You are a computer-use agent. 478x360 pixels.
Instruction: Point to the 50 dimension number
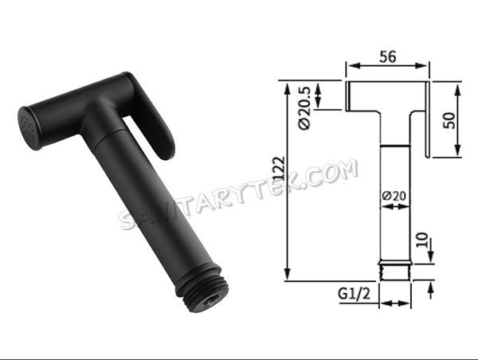pos(448,120)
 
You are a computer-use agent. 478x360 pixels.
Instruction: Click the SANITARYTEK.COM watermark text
pos(238,194)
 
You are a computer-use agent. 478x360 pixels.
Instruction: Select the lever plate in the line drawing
pos(429,119)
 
